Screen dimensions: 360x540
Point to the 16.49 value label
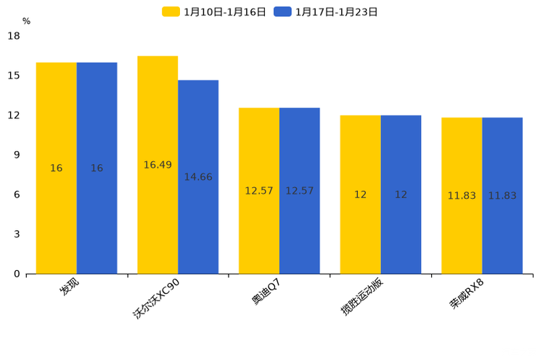click(157, 165)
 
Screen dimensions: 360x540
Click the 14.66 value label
click(198, 177)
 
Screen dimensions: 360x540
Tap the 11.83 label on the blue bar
click(502, 196)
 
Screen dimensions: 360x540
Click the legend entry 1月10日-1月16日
click(215, 12)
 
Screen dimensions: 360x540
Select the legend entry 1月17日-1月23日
click(327, 12)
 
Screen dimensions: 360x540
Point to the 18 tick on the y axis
click(14, 36)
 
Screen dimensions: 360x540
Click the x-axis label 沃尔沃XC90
click(157, 298)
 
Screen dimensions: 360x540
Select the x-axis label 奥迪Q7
click(266, 291)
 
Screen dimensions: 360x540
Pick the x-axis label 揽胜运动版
click(362, 297)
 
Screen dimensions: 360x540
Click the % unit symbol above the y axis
click(26, 22)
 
